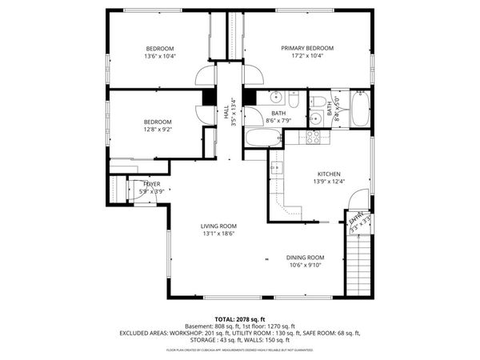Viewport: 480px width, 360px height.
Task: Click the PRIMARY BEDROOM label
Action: pos(307,48)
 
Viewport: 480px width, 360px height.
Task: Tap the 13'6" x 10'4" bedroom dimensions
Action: pos(159,57)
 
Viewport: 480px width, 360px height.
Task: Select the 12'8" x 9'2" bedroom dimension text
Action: pos(158,130)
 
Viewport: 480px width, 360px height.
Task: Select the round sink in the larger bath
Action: pos(277,99)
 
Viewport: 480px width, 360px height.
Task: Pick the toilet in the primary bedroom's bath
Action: pos(318,102)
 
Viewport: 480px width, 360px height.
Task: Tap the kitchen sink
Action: pos(277,167)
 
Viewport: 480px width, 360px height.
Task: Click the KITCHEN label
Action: pos(330,174)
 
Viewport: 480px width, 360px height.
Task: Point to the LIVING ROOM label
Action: pos(218,226)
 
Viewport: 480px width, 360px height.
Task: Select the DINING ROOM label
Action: pos(306,257)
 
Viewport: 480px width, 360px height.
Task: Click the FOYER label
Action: pos(151,184)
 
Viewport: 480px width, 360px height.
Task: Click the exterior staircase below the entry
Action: pos(358,264)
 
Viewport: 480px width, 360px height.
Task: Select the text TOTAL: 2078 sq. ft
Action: pos(239,319)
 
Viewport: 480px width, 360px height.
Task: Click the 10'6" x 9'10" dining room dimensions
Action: pos(306,266)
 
